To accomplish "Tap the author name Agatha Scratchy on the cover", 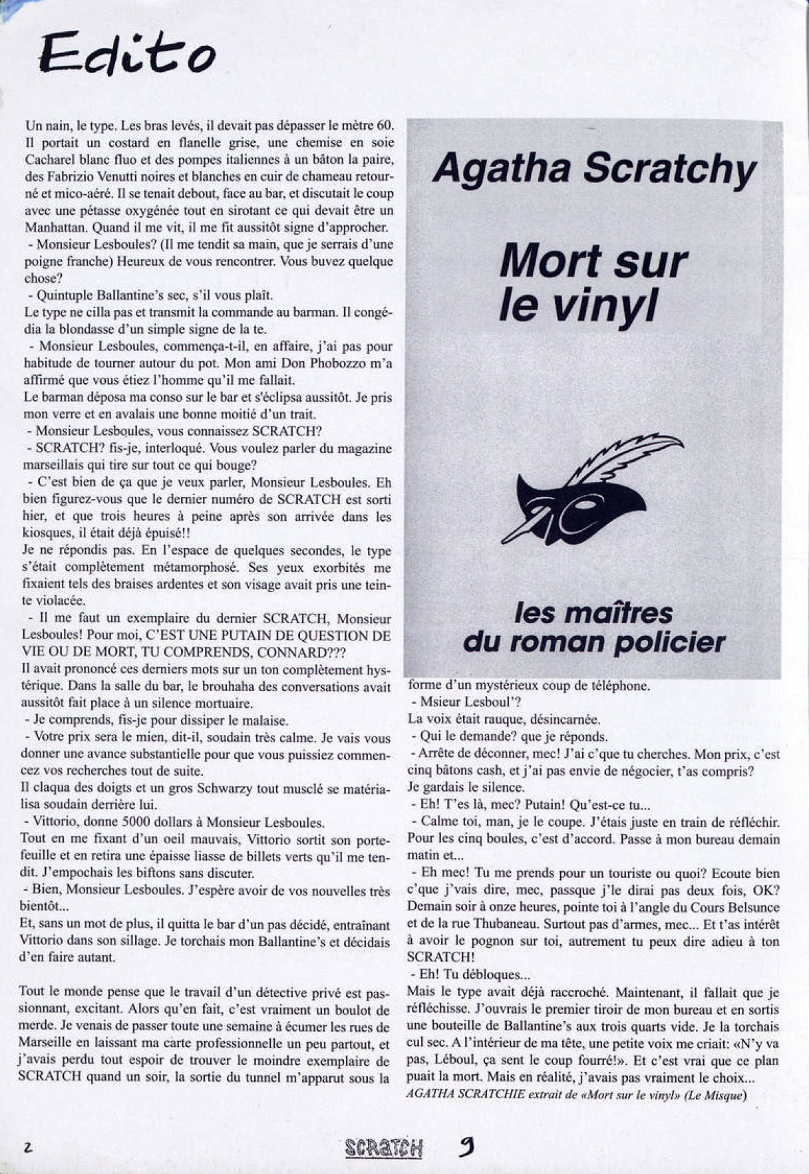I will point(594,168).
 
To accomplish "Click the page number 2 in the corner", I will point(29,1147).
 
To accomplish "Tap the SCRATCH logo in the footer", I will point(385,1148).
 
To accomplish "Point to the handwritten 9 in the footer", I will point(466,1146).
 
